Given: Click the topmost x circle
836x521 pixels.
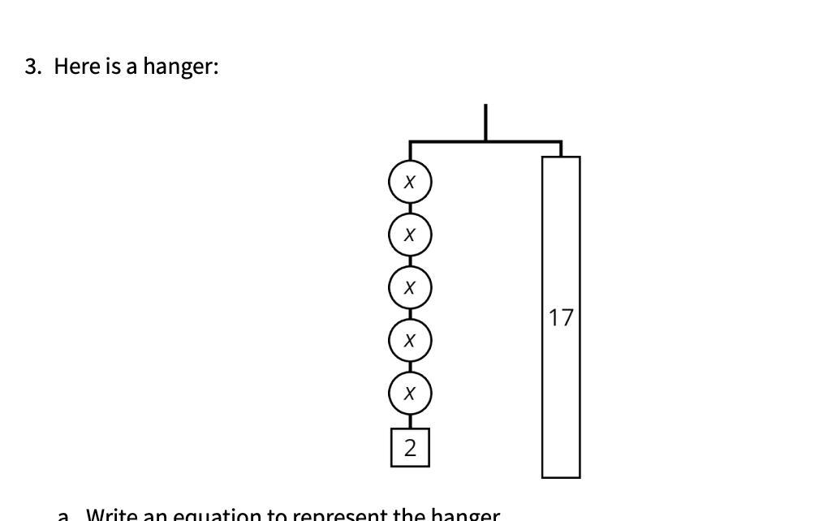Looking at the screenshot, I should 410,182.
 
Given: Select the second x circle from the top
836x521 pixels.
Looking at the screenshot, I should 410,235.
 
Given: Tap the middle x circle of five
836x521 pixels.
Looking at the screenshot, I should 410,287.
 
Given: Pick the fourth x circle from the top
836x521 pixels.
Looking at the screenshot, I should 410,340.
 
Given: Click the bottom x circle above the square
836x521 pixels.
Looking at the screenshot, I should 410,393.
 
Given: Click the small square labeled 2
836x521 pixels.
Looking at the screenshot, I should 410,447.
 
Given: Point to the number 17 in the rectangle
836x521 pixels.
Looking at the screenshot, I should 561,317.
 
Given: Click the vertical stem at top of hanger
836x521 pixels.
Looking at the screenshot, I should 485,122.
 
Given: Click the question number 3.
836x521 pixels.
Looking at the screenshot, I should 32,67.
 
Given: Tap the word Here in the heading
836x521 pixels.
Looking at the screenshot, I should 77,67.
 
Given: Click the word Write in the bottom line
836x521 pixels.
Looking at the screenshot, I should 114,515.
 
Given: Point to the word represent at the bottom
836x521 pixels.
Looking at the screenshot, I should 339,515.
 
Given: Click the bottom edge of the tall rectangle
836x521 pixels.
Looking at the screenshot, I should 561,477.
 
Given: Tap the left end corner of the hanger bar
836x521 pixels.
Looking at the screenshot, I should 411,143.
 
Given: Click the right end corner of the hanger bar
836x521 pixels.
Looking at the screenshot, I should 561,143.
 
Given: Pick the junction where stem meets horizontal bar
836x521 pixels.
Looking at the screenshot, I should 485,142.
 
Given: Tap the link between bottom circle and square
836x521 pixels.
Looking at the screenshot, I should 410,421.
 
